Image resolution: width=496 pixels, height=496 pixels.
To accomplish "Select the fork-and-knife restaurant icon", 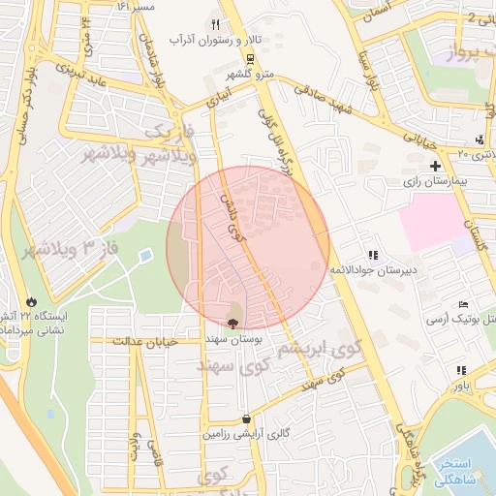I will [x=214, y=24].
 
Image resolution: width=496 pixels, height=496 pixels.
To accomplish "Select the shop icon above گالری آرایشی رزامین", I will [x=248, y=418].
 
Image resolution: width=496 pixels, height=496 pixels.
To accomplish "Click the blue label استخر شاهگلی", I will [x=462, y=469].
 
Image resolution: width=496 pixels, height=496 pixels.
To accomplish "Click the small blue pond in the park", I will [x=146, y=255].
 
